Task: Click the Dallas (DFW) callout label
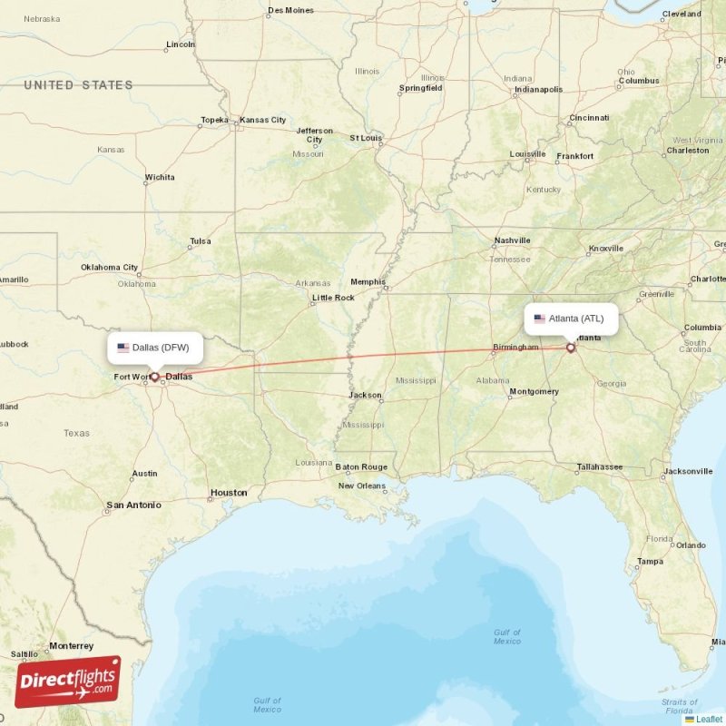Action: click(x=155, y=347)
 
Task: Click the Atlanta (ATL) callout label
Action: click(x=571, y=319)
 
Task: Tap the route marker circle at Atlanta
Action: click(x=570, y=347)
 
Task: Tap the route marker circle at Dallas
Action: click(x=154, y=376)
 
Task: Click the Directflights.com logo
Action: click(x=68, y=682)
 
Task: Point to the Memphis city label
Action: click(x=368, y=282)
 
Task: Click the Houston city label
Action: click(x=229, y=493)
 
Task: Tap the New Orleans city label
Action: click(x=362, y=486)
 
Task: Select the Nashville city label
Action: click(x=512, y=240)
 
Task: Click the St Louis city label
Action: click(x=366, y=138)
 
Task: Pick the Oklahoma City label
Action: click(x=109, y=268)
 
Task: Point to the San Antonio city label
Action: click(x=133, y=505)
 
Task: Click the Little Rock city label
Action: click(x=333, y=298)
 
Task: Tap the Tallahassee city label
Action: click(x=600, y=467)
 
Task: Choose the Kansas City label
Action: click(x=262, y=120)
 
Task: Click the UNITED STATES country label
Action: click(x=78, y=85)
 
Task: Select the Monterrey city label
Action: click(x=71, y=646)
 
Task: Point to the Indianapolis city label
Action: click(x=538, y=90)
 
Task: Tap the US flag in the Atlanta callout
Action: click(x=540, y=319)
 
